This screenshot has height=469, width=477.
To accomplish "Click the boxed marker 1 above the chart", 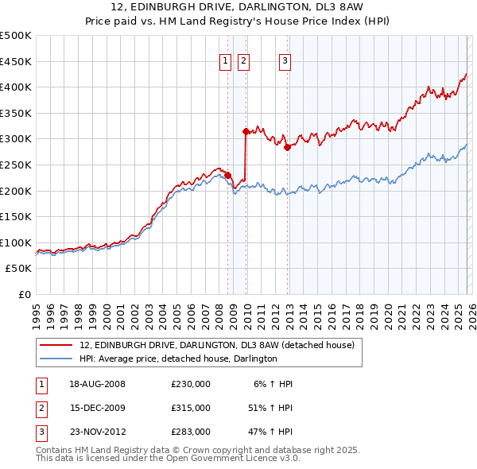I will [224, 60].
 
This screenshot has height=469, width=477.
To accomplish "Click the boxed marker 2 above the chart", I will [243, 60].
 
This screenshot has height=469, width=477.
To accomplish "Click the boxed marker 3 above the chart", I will [285, 60].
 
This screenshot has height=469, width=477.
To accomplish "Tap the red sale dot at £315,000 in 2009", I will [246, 131].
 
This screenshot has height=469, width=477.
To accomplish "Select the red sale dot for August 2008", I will [227, 175].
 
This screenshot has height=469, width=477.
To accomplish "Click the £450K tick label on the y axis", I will [16, 61].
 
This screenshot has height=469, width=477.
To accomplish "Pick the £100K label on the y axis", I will [16, 242].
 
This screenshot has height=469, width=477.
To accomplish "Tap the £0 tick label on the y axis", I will [24, 294].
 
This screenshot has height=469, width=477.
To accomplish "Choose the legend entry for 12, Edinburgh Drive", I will [221, 345].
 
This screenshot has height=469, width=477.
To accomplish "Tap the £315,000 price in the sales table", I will [191, 408].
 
